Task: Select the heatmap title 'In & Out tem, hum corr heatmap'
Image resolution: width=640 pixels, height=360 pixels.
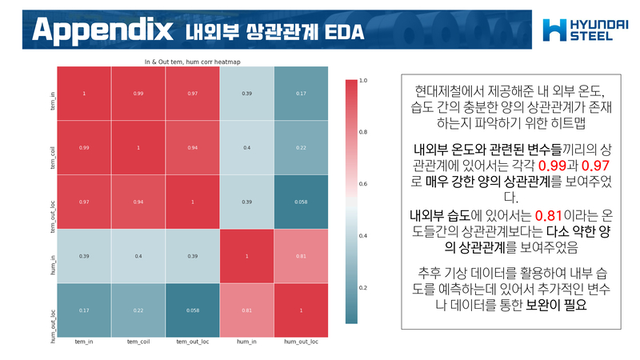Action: pos(192,60)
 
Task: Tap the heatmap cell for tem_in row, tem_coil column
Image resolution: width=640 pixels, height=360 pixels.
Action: pos(138,94)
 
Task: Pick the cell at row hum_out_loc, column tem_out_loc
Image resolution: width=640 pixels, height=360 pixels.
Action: pos(192,310)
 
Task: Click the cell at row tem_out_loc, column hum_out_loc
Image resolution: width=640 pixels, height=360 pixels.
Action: pos(301,202)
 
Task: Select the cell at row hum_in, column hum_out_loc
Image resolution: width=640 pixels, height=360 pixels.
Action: pos(301,256)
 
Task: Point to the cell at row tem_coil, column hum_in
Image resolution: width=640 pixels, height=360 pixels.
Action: pos(246,148)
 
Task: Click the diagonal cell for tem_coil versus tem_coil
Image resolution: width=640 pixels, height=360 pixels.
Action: pos(138,148)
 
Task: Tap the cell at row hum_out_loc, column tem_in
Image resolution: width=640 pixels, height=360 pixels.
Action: pos(84,310)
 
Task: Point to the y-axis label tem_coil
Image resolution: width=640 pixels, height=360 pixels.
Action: pos(53,148)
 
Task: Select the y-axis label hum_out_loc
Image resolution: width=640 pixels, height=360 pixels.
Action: pos(53,310)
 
